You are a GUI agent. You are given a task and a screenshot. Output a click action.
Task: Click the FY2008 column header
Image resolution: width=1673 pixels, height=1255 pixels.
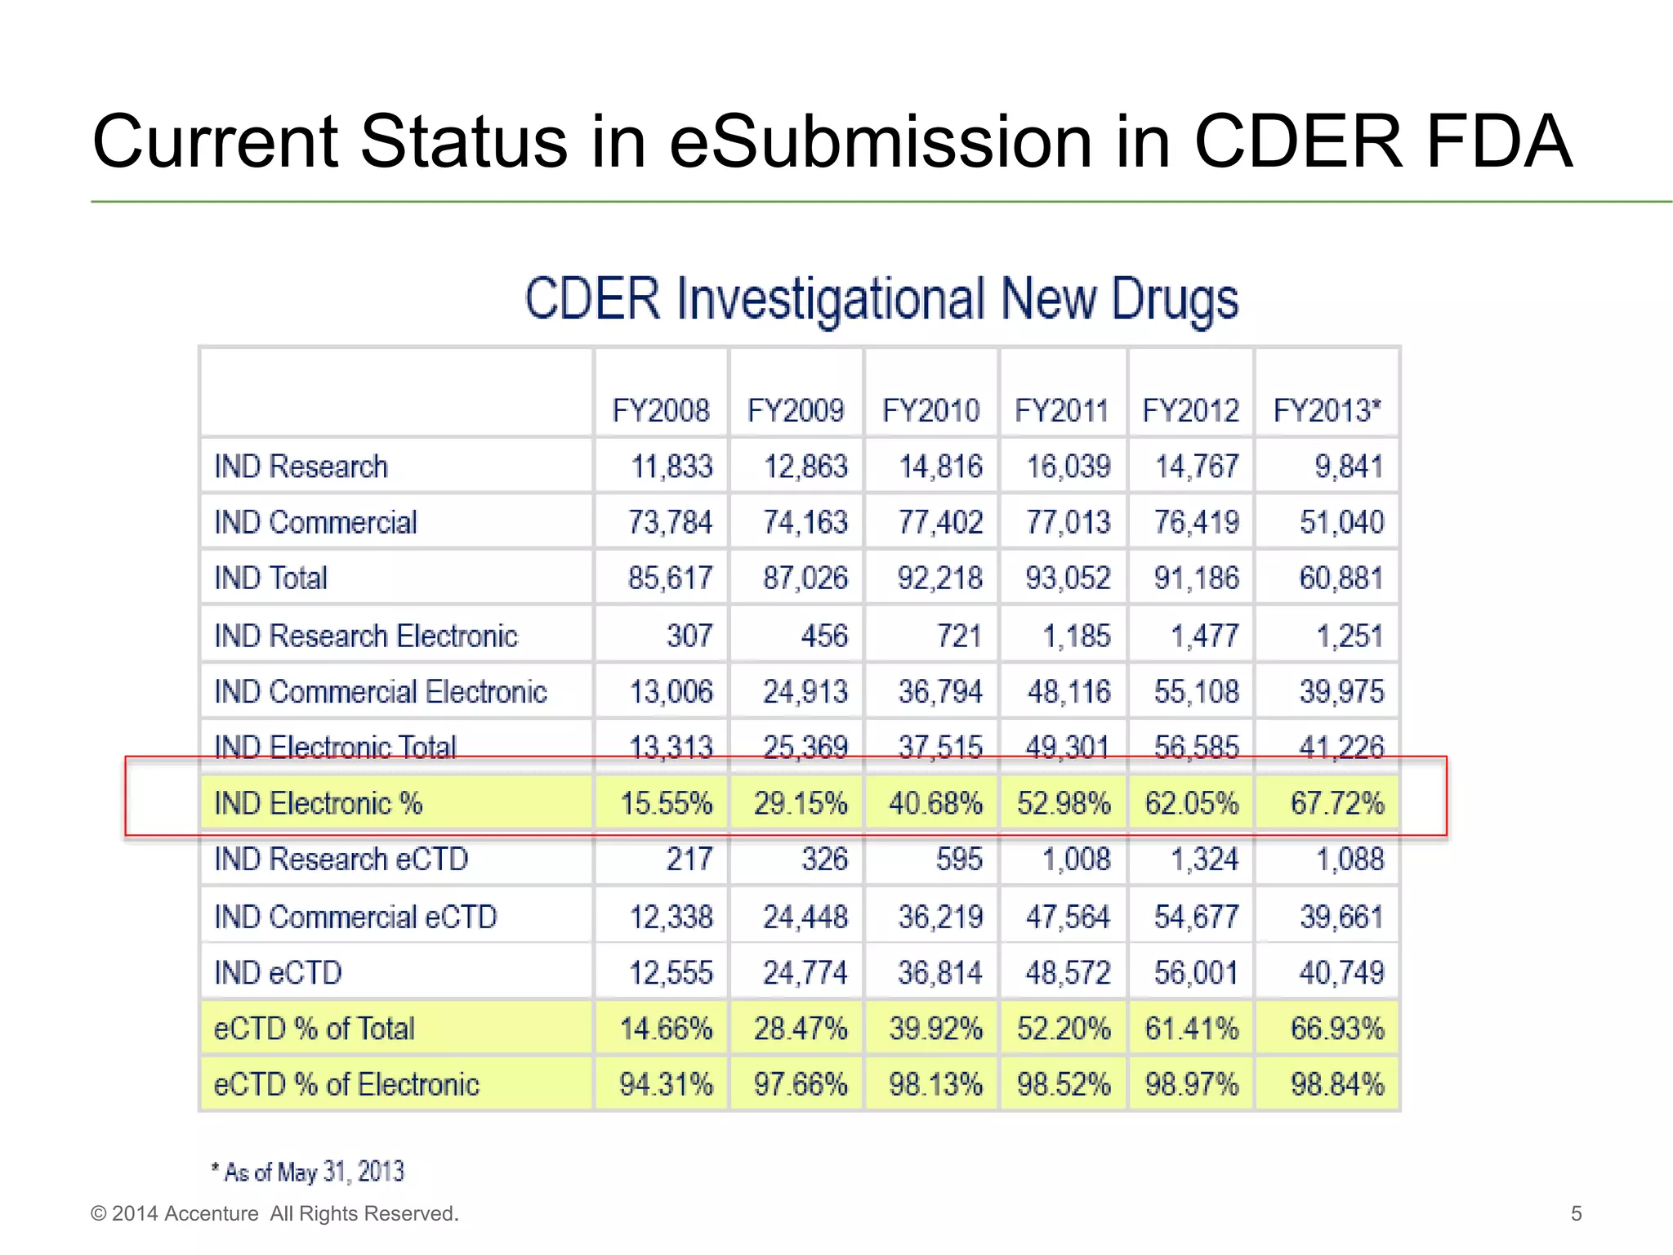pos(661,410)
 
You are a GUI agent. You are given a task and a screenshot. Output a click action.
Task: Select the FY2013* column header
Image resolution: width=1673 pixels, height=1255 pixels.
pos(1327,410)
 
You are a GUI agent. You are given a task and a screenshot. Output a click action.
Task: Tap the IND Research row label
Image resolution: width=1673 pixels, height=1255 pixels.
pos(301,467)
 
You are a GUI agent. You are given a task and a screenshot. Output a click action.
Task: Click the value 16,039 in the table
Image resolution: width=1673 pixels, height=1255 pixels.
pos(1068,467)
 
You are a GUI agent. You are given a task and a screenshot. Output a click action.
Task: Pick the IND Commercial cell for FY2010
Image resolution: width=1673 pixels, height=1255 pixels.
pos(940,522)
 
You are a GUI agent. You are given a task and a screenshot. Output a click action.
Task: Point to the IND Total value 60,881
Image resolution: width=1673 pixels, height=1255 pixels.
pos(1341,578)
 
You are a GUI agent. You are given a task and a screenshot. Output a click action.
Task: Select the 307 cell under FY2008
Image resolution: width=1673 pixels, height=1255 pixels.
pos(689,636)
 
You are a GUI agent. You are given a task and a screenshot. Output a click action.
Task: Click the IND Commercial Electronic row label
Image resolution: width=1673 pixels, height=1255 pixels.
pos(380,691)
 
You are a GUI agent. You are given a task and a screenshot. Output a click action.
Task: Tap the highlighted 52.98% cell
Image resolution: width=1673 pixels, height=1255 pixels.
pos(1064,803)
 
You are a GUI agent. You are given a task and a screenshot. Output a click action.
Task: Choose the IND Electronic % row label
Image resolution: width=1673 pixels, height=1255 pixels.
pos(318,803)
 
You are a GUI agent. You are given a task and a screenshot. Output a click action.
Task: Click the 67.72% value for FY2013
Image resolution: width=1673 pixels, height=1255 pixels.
pos(1337,803)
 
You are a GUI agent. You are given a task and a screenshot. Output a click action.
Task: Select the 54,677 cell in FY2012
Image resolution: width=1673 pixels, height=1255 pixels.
pos(1196,917)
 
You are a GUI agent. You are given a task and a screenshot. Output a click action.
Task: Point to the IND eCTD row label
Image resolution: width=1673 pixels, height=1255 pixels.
pos(278,972)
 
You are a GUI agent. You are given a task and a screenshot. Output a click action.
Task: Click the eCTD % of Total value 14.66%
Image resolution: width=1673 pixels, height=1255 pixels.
pos(666,1028)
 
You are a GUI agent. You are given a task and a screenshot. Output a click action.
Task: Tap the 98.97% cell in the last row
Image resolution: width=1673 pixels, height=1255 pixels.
pos(1191,1084)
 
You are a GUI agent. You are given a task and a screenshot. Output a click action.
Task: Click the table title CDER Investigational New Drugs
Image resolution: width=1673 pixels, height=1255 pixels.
pos(881,299)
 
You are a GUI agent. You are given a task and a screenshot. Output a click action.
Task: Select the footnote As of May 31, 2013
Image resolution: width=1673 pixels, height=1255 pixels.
pos(309,1172)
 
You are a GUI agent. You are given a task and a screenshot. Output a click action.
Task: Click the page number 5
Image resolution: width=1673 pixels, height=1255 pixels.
pos(1576,1213)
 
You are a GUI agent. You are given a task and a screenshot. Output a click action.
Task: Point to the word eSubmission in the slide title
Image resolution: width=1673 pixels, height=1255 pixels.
pos(880,141)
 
